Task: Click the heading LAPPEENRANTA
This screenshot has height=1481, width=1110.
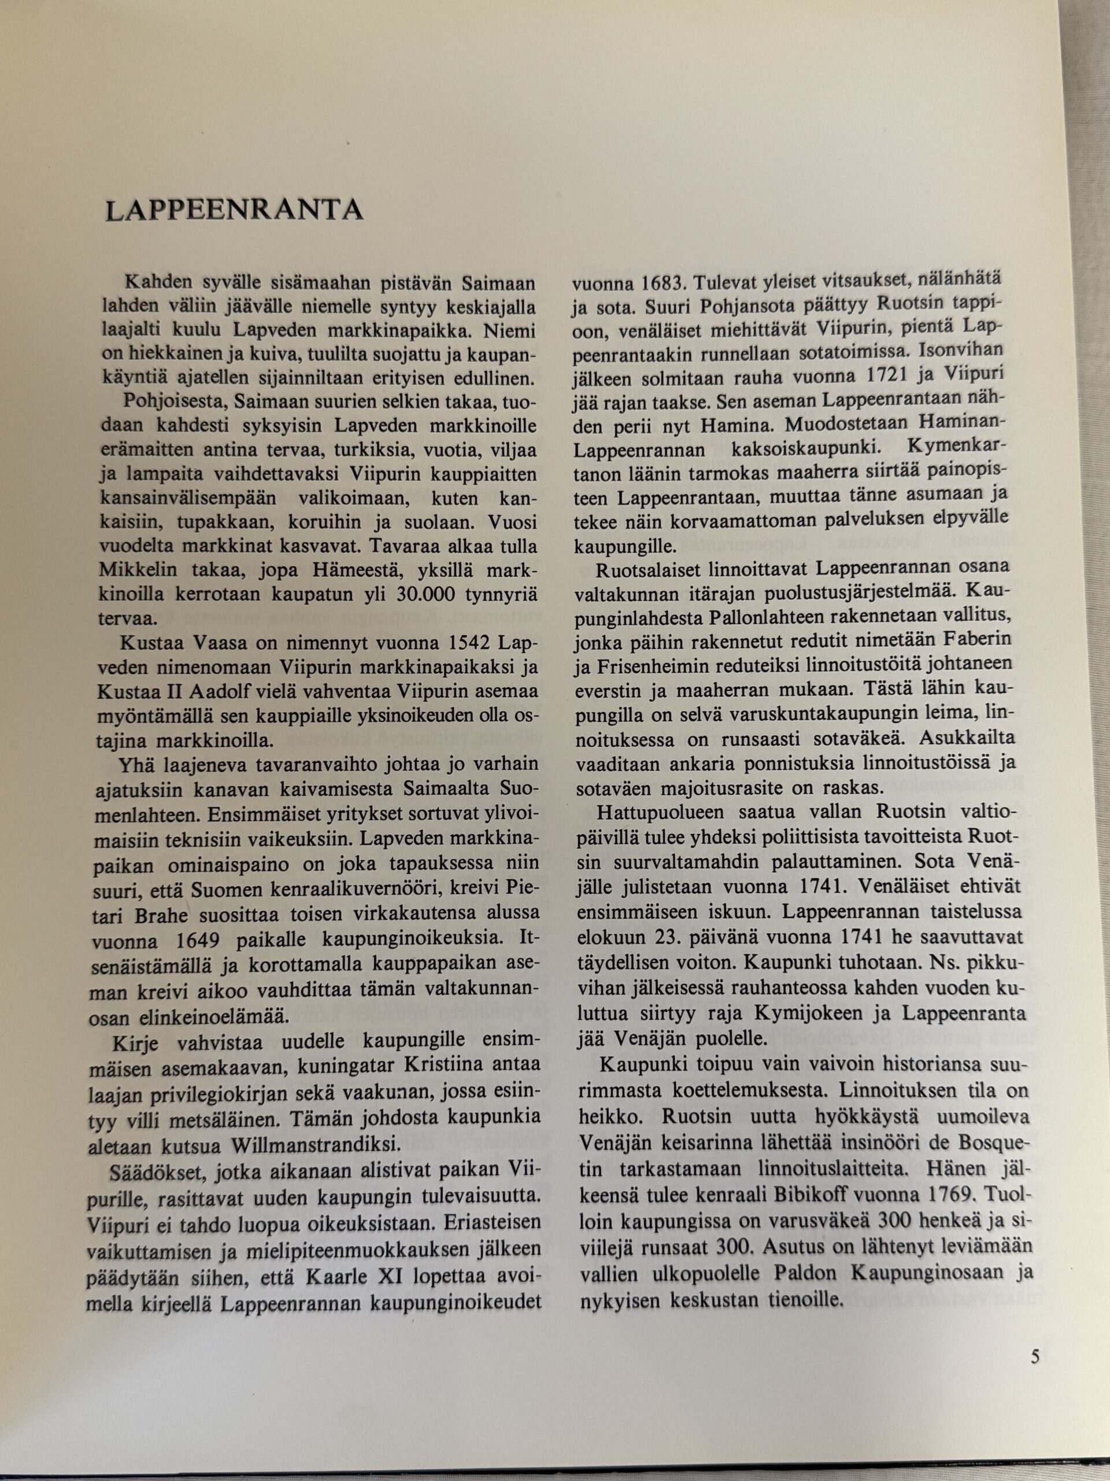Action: pos(234,210)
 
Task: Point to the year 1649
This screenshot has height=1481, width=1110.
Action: pos(197,941)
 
